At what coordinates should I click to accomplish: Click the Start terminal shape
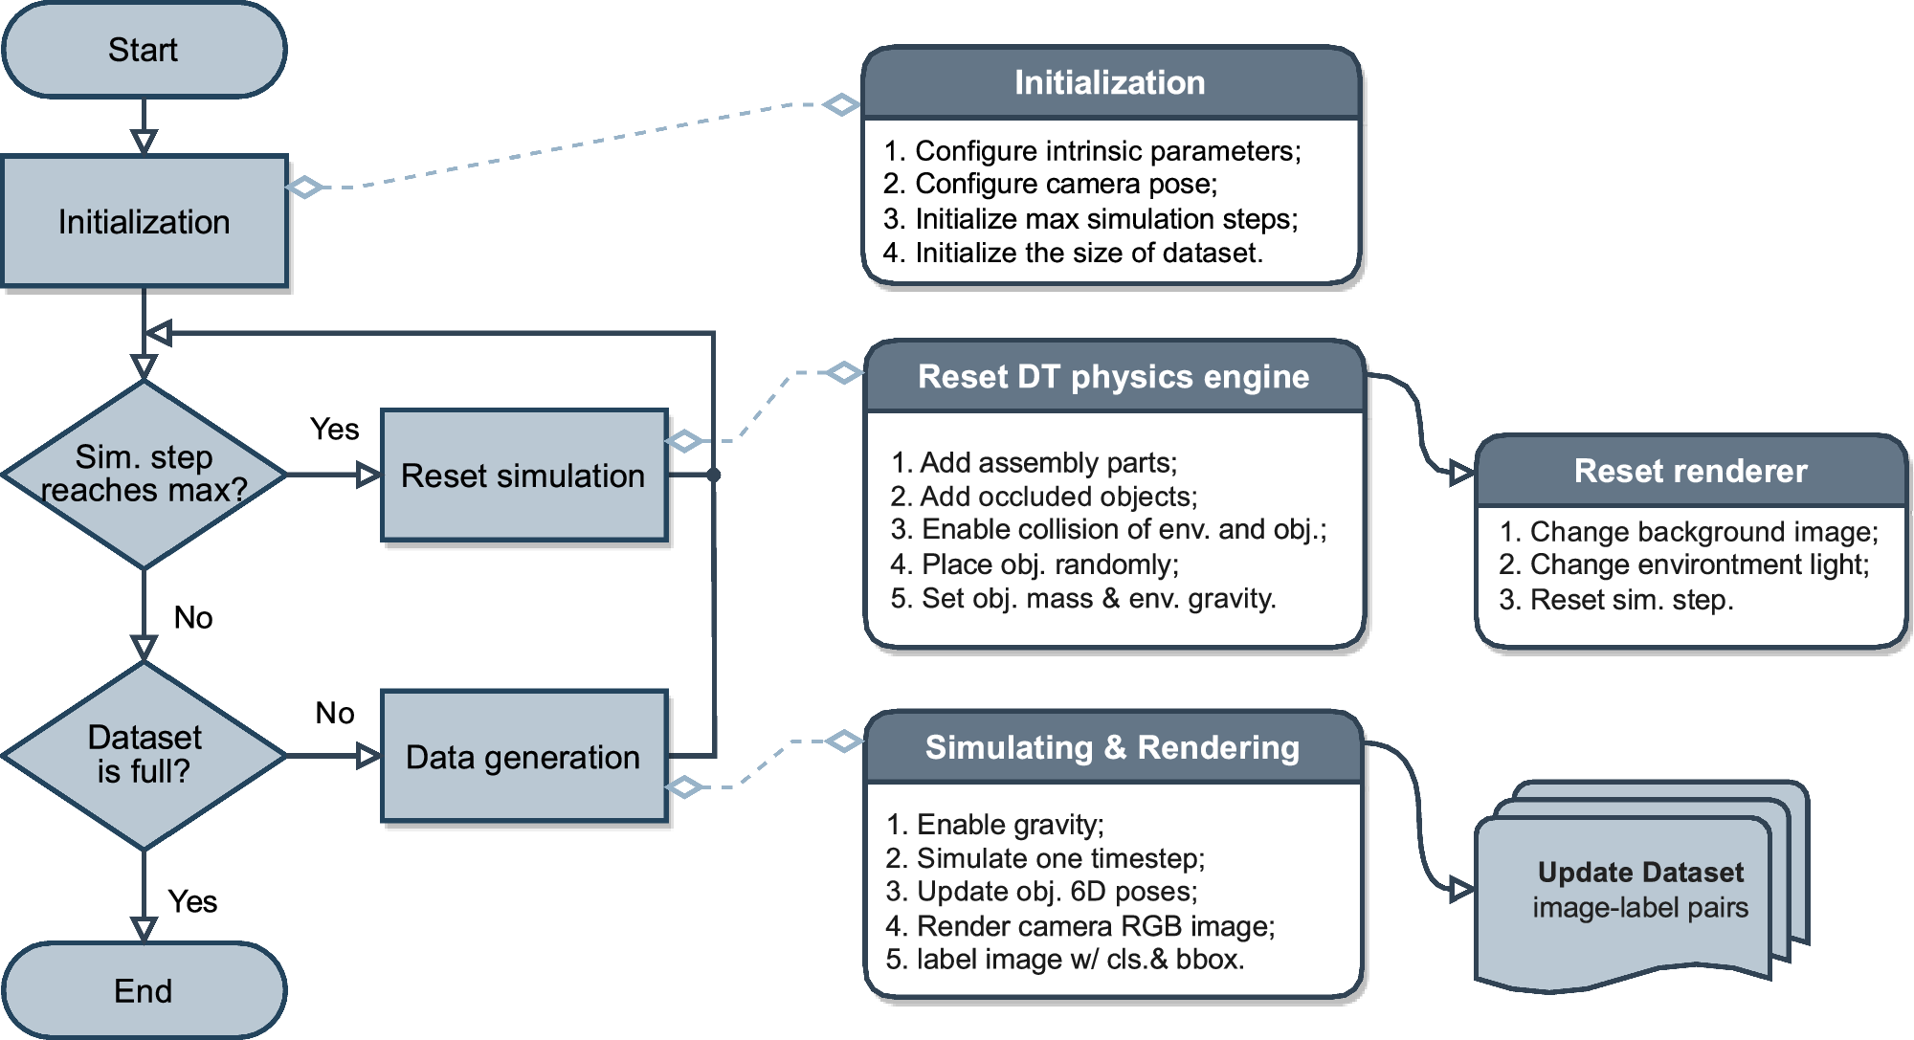[x=144, y=50]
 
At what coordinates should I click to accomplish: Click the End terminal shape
[x=144, y=990]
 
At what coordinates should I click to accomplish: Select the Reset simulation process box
[x=523, y=476]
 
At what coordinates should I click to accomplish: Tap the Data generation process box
[x=523, y=757]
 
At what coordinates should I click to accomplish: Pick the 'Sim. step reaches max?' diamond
[x=144, y=474]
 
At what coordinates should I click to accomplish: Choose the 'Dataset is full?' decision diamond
[x=144, y=755]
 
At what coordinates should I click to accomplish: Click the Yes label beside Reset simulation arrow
[x=334, y=429]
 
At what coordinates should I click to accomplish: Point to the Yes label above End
[x=192, y=901]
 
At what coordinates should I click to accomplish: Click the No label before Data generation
[x=334, y=713]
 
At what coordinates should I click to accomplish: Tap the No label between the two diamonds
[x=192, y=617]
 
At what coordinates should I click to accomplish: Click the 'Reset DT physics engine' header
[x=1113, y=377]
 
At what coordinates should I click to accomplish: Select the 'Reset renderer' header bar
[x=1690, y=471]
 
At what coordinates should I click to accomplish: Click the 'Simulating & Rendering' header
[x=1112, y=747]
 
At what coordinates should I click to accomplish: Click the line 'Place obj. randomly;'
[x=1049, y=564]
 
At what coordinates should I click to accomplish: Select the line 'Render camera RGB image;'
[x=1095, y=926]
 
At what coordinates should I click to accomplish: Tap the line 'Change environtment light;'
[x=1699, y=564]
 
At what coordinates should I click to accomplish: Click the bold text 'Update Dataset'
[x=1640, y=873]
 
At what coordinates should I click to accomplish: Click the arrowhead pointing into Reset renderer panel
[x=1461, y=473]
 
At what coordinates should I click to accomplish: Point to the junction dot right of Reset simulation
[x=713, y=475]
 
